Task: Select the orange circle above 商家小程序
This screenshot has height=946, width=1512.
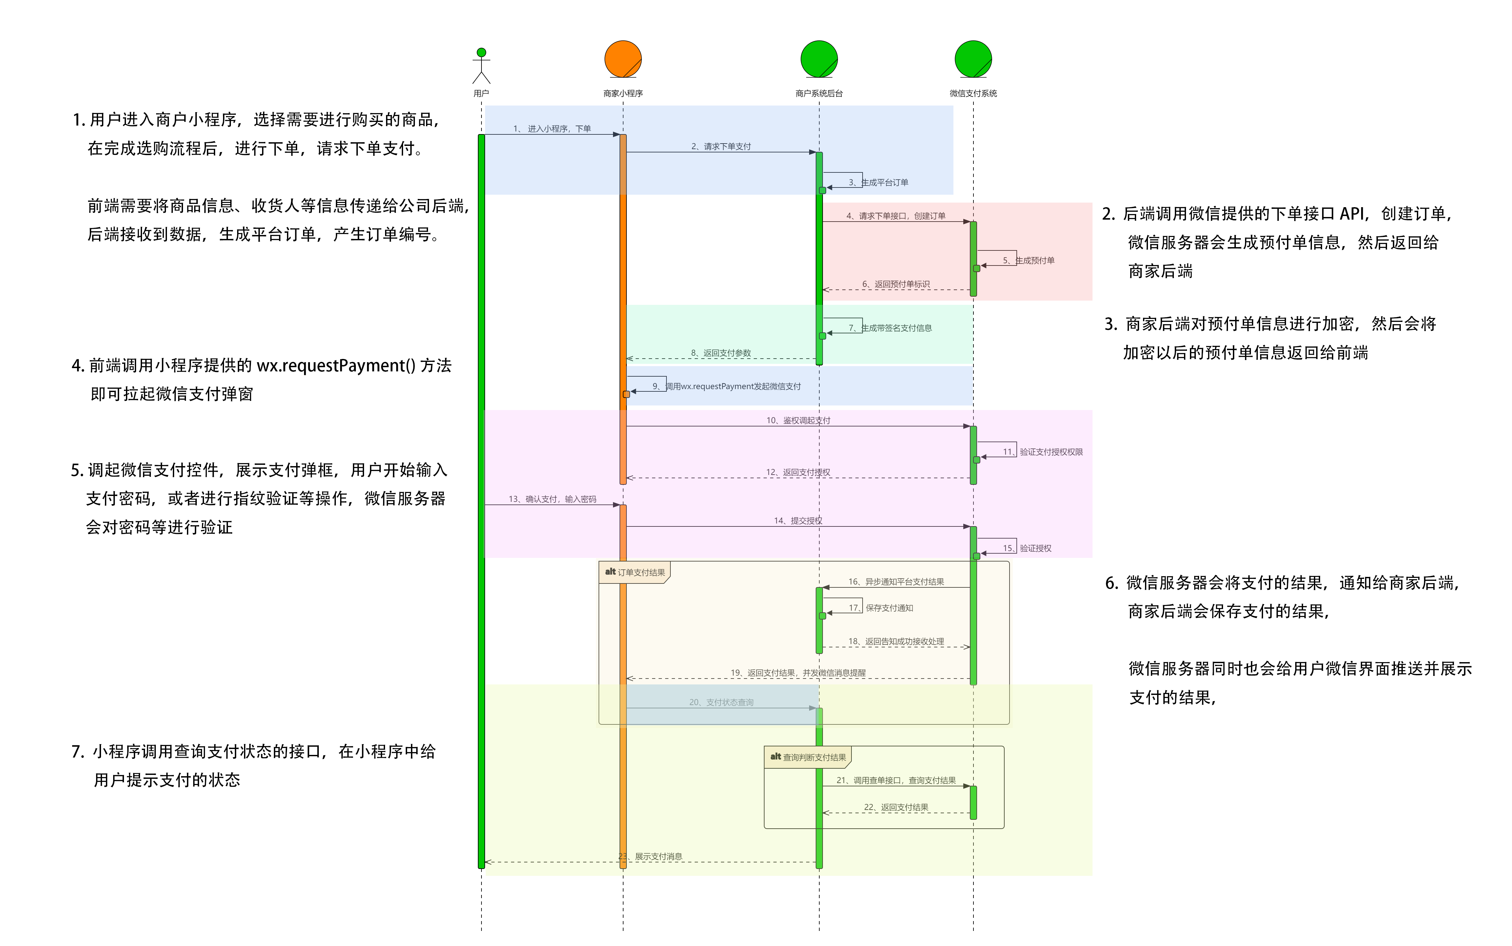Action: point(623,59)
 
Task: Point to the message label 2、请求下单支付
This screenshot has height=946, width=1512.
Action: point(721,147)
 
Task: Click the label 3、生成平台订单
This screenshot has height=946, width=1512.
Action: point(878,183)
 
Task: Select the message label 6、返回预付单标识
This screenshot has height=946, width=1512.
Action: point(896,284)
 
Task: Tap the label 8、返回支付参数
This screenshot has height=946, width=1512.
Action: point(720,353)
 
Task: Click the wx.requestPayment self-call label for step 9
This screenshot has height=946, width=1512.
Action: point(726,387)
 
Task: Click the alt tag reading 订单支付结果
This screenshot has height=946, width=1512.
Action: point(635,572)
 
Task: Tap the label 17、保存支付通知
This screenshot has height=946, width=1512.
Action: point(881,608)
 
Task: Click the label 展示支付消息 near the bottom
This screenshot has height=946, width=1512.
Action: point(658,857)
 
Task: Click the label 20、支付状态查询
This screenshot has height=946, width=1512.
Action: point(721,703)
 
